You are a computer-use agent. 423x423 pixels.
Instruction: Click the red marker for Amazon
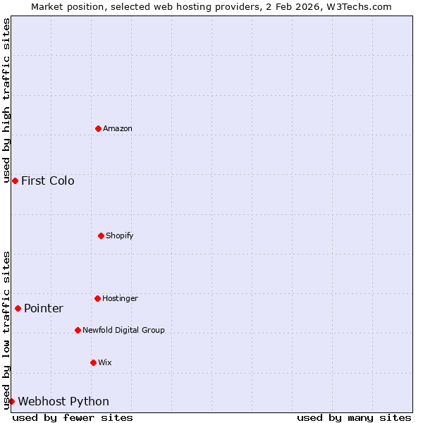point(98,128)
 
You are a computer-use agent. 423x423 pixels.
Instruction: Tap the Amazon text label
point(118,129)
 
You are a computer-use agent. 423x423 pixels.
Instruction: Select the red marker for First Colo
point(15,181)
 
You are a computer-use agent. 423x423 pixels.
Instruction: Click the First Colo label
point(47,181)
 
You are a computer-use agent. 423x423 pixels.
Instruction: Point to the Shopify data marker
point(101,235)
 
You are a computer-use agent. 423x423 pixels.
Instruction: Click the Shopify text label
point(120,235)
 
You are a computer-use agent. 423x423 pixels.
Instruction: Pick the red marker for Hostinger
point(97,298)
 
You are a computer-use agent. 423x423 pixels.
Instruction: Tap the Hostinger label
point(120,299)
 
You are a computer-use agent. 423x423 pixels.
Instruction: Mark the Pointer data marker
point(18,308)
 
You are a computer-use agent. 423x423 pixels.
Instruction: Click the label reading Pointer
point(44,309)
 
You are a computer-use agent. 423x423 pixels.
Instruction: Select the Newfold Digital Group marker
point(78,330)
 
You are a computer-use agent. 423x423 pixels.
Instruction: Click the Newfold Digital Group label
point(123,330)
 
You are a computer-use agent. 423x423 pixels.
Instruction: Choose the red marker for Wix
point(93,362)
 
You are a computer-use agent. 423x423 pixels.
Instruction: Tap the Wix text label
point(105,363)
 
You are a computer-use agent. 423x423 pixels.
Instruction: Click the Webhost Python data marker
point(11,401)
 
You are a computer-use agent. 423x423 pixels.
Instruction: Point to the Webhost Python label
point(63,402)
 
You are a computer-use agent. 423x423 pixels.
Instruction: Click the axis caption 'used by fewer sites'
point(73,418)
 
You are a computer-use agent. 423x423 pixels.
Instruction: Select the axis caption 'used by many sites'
point(354,418)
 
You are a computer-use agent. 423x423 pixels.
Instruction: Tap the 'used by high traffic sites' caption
point(6,101)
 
